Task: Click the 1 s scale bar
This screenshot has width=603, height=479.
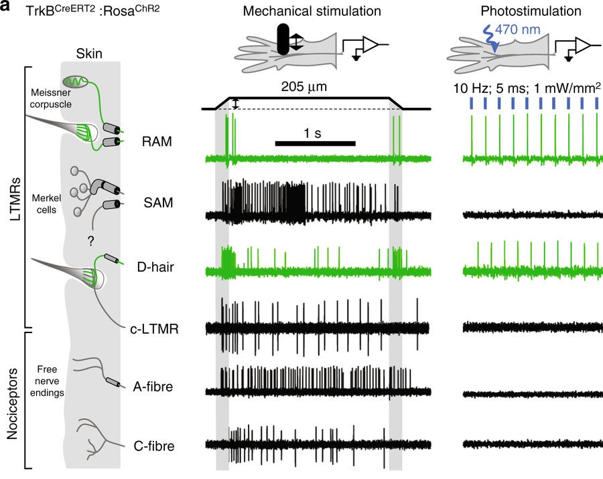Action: pos(315,142)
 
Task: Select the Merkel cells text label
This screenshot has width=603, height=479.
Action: pos(46,205)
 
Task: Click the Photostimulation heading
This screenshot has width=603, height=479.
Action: pos(526,11)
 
